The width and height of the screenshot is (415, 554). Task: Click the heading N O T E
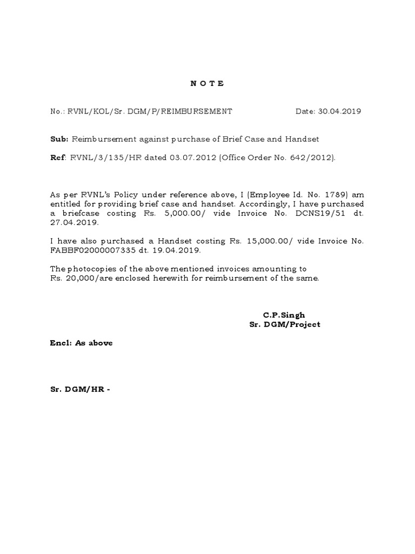207,84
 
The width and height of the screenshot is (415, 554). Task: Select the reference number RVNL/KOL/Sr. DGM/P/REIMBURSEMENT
149,111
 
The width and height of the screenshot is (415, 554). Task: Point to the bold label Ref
56,157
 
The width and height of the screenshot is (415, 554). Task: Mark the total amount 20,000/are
88,278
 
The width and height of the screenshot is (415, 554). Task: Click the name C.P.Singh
284,315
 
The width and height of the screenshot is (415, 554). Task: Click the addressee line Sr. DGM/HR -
79,389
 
